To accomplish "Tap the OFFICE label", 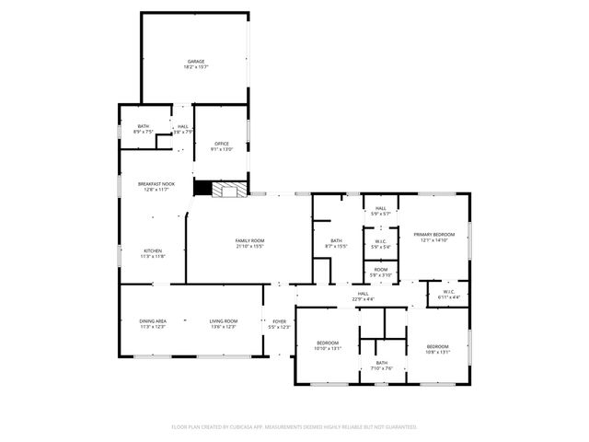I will click(x=222, y=144).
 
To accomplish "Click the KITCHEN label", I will click(x=153, y=251).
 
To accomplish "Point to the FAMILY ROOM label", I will click(x=249, y=241).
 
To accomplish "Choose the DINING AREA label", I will click(x=153, y=320).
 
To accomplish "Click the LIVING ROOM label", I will click(x=224, y=320).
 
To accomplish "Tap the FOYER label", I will click(x=279, y=321).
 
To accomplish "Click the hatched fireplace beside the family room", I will click(x=229, y=189).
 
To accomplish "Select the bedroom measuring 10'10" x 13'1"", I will click(x=328, y=345).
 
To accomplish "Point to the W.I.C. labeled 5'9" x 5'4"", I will click(x=380, y=244).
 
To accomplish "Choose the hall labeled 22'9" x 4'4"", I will click(x=363, y=295).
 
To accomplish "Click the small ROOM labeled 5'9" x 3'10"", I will click(x=380, y=271).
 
